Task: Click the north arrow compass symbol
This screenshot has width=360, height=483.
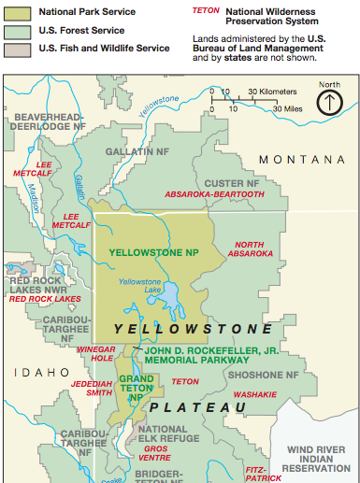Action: (x=329, y=101)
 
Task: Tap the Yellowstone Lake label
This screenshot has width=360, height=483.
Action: (x=139, y=287)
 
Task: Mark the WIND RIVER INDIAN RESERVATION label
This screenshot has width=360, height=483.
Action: (x=318, y=458)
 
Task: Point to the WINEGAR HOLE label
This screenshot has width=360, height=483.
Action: (x=94, y=352)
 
